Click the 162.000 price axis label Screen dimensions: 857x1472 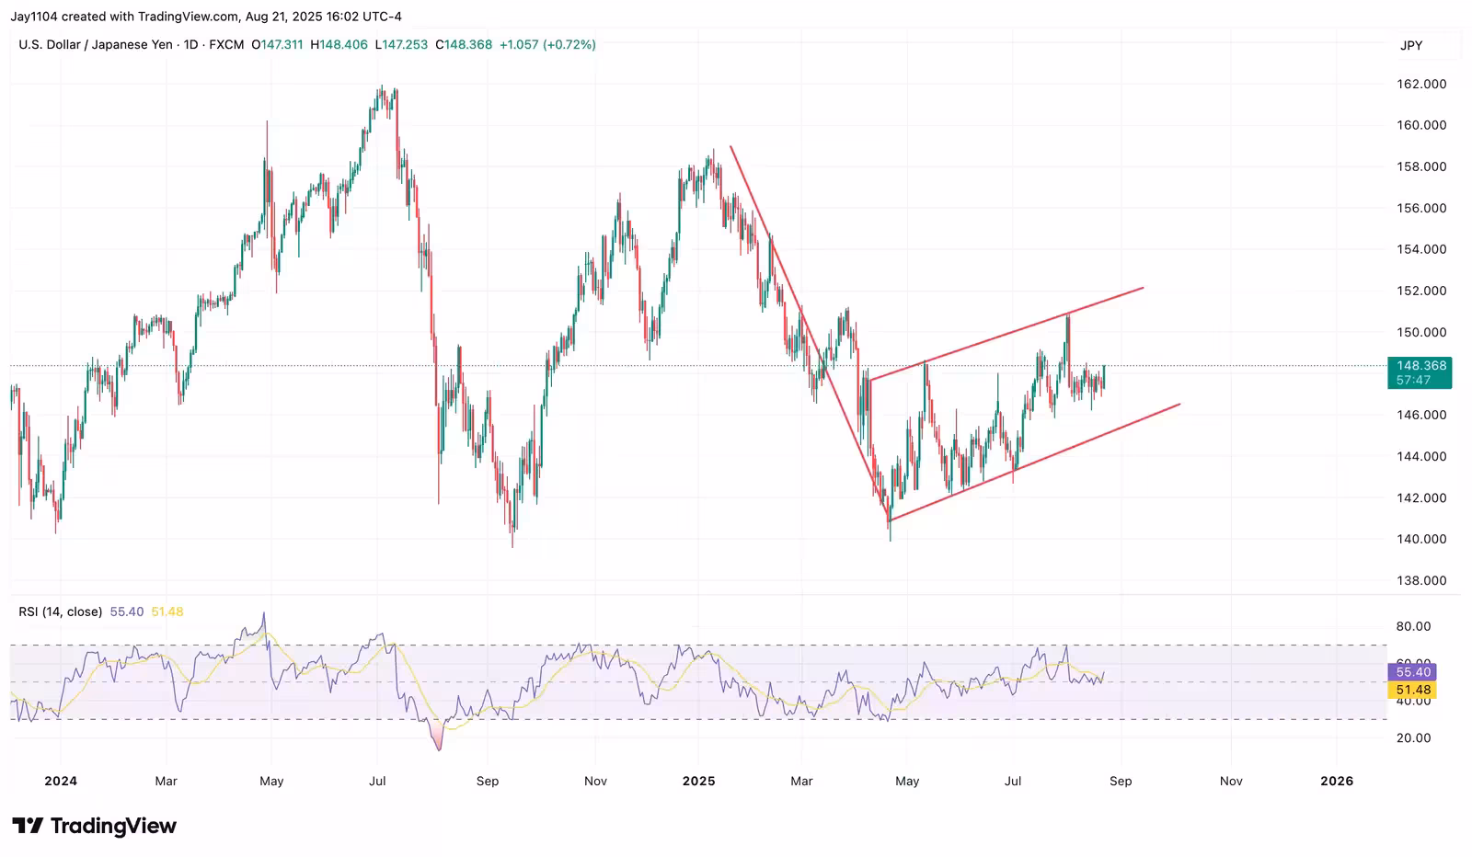click(x=1421, y=84)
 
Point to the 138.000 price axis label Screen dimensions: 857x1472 click(x=1421, y=580)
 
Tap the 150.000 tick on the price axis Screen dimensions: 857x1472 click(x=1421, y=332)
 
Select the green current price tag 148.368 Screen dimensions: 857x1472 click(x=1420, y=366)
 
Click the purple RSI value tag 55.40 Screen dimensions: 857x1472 click(x=1412, y=672)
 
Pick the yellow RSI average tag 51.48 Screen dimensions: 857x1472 click(x=1412, y=690)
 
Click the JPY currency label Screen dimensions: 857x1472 click(x=1411, y=45)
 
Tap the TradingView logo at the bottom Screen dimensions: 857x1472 click(x=94, y=826)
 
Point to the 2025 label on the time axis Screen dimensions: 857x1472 click(x=698, y=781)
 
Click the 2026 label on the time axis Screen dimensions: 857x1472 click(x=1336, y=781)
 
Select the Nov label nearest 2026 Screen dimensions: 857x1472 click(x=1231, y=781)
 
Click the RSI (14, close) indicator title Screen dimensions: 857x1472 click(x=60, y=611)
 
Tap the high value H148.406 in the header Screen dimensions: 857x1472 click(x=339, y=44)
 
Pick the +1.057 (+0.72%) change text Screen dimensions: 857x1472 click(x=547, y=44)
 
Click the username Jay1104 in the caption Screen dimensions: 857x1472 click(x=34, y=17)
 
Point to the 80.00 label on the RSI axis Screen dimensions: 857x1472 click(x=1413, y=626)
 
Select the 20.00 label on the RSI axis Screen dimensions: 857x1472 click(x=1413, y=737)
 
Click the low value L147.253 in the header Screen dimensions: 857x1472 click(x=401, y=44)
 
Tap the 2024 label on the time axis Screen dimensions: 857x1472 click(x=61, y=781)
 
